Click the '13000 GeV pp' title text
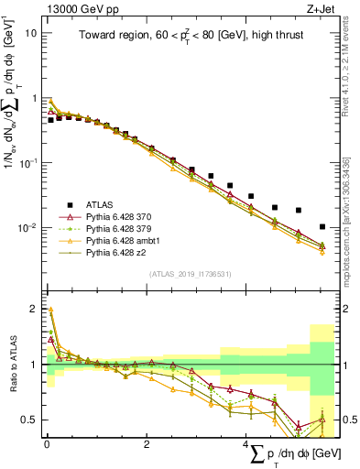(80, 8)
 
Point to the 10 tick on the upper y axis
(31, 33)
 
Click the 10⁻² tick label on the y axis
(28, 227)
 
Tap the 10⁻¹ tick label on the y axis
(28, 162)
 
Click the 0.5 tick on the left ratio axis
(30, 420)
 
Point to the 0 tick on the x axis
(47, 444)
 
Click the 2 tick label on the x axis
(147, 444)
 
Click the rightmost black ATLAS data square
(322, 226)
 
